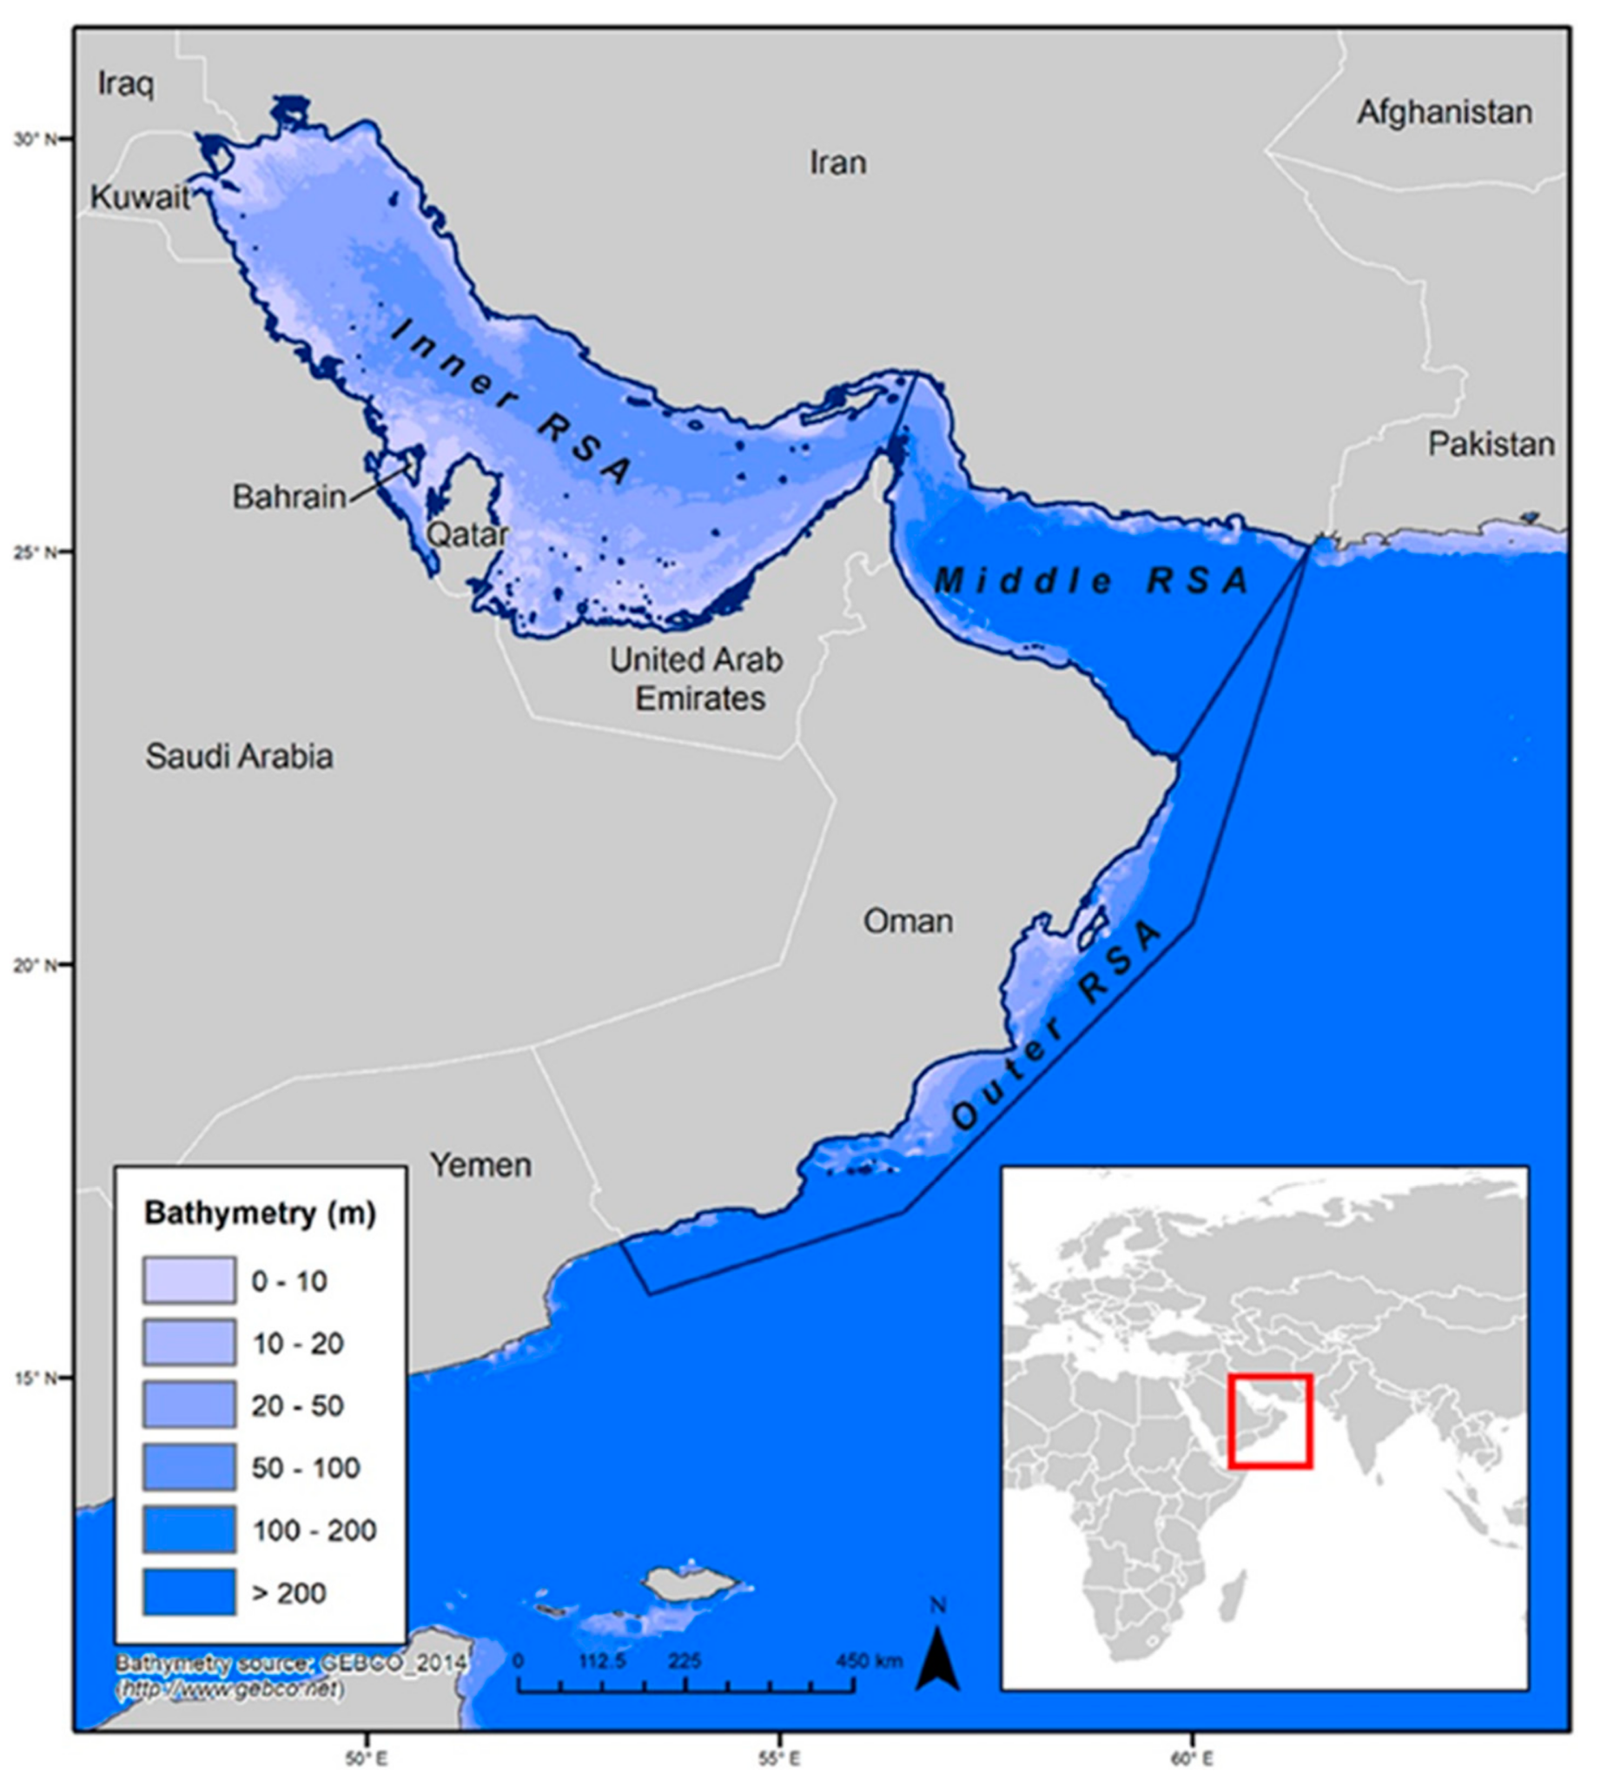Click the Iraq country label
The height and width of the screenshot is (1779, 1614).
click(125, 85)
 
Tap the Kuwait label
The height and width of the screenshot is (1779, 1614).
click(141, 198)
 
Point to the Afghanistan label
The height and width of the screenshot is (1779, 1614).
click(1444, 113)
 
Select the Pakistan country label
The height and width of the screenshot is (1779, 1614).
click(1491, 445)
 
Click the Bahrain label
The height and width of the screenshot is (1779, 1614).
click(289, 497)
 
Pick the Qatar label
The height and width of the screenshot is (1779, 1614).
click(466, 535)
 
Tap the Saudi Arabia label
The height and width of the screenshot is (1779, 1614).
click(239, 757)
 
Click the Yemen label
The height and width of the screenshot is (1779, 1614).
click(480, 1166)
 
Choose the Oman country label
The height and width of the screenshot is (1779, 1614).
click(907, 922)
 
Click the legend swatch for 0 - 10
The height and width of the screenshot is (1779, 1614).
click(189, 1280)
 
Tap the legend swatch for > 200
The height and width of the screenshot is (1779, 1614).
click(189, 1592)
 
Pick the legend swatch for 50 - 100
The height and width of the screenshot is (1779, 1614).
click(189, 1467)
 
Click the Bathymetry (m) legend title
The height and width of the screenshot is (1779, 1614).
click(261, 1214)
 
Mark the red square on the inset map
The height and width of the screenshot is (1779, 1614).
click(1270, 1421)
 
